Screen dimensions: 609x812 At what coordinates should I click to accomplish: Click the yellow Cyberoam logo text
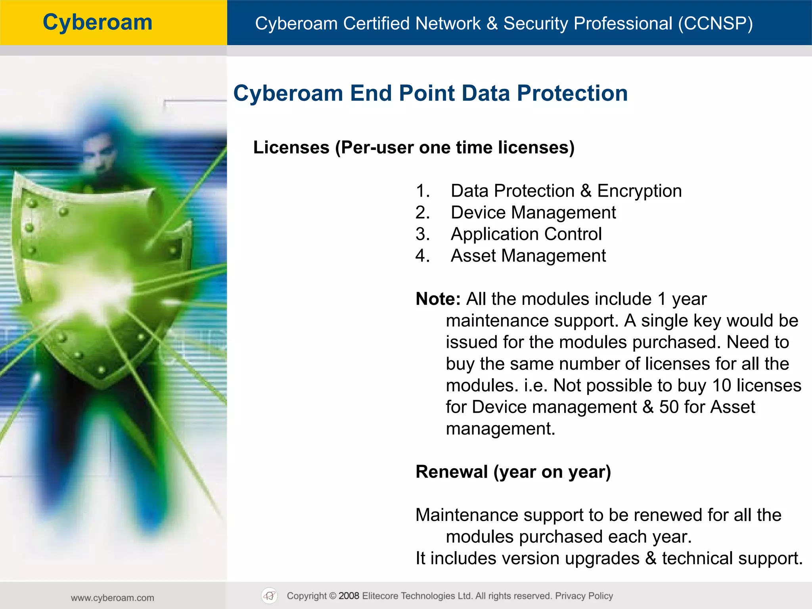point(98,22)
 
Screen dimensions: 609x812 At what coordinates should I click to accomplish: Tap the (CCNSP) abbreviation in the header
point(715,23)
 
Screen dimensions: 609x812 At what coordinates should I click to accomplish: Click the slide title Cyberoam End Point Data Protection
point(430,93)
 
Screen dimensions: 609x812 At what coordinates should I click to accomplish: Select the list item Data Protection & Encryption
point(566,191)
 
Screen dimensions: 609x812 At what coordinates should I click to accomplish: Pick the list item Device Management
point(533,213)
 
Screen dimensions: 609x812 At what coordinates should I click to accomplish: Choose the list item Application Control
point(526,234)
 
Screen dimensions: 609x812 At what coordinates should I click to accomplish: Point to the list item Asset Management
point(528,256)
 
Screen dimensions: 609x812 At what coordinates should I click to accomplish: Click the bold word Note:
point(438,299)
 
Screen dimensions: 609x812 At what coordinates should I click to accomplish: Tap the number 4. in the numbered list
point(423,256)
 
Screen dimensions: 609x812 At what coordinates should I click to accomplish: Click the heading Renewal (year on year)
point(513,472)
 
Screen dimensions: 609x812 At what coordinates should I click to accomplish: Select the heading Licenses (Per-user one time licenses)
point(414,147)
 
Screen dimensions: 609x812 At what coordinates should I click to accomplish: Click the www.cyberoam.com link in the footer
point(113,598)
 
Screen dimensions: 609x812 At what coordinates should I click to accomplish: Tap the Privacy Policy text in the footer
point(584,596)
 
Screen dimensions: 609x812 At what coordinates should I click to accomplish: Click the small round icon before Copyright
point(270,596)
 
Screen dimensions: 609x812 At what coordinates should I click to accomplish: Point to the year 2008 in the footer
point(349,596)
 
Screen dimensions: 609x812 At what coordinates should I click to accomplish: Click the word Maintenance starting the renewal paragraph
point(467,515)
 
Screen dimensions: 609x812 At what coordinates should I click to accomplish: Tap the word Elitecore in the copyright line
point(380,596)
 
